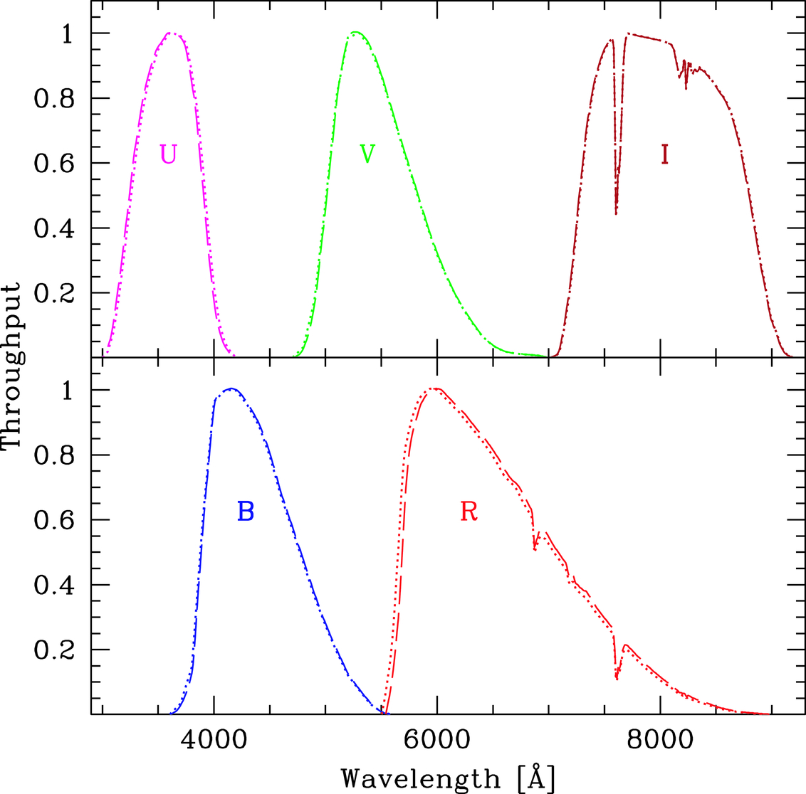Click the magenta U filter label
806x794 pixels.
(168, 154)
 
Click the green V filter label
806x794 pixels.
(367, 154)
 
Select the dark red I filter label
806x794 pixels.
(664, 154)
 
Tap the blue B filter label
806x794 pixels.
(246, 511)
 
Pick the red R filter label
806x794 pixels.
(469, 511)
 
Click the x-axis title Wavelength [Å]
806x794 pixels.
(448, 778)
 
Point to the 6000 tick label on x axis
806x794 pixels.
(437, 740)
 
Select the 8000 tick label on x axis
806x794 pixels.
(661, 740)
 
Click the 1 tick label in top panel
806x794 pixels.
(67, 34)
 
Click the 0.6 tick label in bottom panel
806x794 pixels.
(53, 520)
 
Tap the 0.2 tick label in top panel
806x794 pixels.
(53, 293)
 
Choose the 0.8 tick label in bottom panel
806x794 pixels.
(53, 455)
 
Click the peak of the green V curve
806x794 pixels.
(355, 32)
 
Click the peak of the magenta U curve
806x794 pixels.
(171, 33)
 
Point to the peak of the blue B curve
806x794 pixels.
(231, 388)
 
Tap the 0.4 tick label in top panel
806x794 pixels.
(53, 228)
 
